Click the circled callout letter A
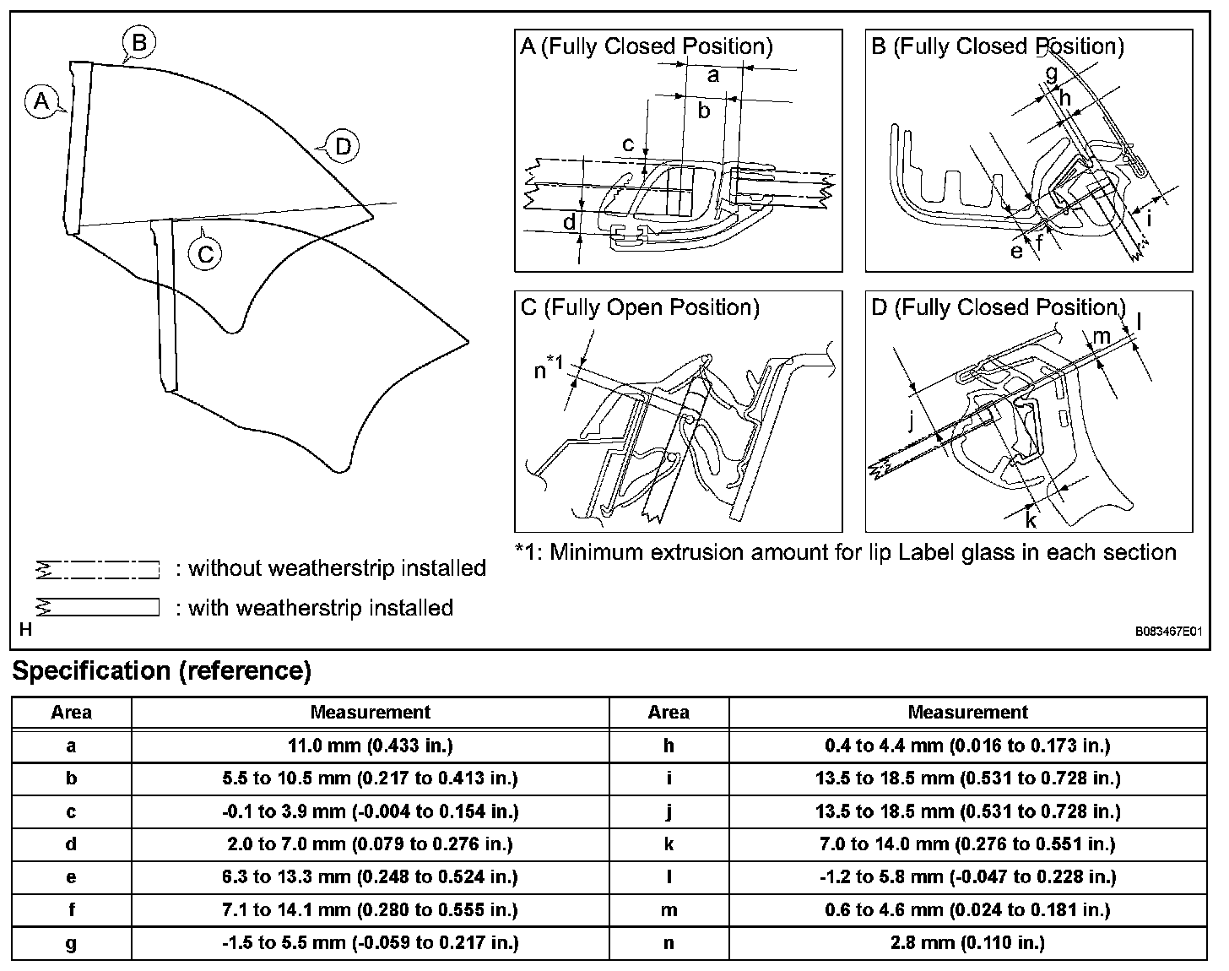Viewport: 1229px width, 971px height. pos(41,101)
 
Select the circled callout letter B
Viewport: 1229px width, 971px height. pos(138,43)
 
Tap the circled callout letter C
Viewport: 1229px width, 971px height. pos(206,254)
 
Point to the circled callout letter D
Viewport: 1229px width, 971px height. pos(343,147)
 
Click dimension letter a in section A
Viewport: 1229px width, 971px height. pos(712,75)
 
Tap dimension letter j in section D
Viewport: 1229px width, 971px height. pos(912,421)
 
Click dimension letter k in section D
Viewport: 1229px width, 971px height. pos(1031,520)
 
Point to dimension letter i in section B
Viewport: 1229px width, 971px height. pos(1149,218)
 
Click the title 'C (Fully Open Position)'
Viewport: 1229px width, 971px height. pos(640,307)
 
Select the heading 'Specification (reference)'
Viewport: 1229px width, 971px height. pos(162,670)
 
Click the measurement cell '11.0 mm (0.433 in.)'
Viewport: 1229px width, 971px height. pos(370,746)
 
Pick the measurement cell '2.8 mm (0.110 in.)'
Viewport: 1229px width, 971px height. pos(967,942)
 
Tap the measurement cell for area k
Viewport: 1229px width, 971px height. pos(967,844)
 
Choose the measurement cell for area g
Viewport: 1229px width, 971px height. pos(370,942)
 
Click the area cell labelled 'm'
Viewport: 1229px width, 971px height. pos(669,910)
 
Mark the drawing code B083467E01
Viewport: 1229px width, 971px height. pos(1168,632)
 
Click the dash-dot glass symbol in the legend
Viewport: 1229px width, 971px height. pos(98,569)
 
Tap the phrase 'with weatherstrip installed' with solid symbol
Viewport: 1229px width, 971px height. pos(321,607)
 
